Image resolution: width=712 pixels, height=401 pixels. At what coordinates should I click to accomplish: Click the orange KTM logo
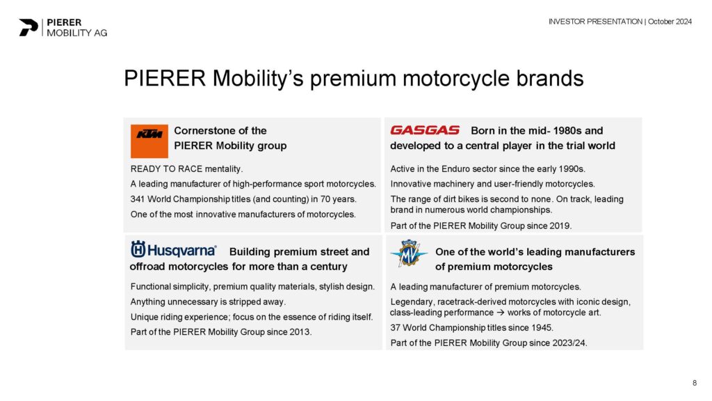[x=149, y=141]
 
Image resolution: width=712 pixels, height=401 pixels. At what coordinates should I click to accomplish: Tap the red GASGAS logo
[x=425, y=130]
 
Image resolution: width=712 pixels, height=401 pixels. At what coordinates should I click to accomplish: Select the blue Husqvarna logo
[x=173, y=250]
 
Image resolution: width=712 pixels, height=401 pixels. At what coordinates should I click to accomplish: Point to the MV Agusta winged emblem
[x=409, y=253]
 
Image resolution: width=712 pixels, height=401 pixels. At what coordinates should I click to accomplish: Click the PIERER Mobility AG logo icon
[x=28, y=27]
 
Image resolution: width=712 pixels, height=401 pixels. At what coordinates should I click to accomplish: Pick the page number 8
[x=695, y=384]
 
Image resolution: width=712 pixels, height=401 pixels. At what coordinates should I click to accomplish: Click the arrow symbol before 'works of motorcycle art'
[x=500, y=313]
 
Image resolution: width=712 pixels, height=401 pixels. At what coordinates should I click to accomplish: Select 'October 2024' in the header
[x=670, y=22]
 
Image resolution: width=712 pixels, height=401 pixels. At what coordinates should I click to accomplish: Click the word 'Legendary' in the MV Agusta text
[x=412, y=302]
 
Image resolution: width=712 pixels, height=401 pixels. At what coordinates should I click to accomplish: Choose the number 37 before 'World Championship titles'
[x=395, y=328]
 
